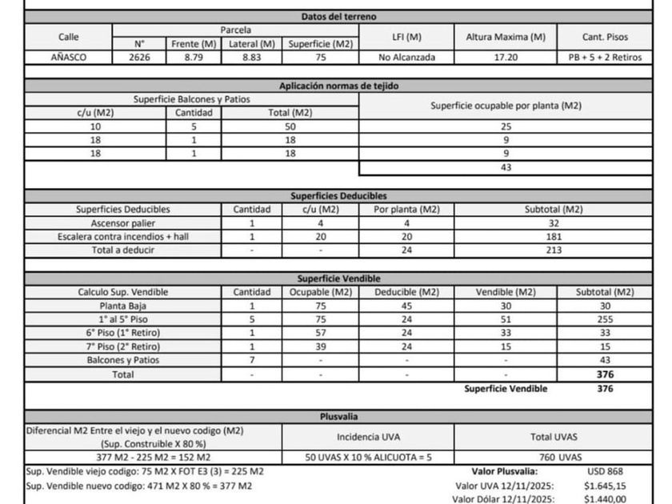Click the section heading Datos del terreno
[x=339, y=16]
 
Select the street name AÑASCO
[x=69, y=58]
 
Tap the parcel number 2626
[x=139, y=58]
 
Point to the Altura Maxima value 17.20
[x=505, y=58]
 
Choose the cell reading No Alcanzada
[x=407, y=58]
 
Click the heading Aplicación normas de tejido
[x=339, y=86]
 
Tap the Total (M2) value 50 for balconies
[x=291, y=126]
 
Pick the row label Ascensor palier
[x=122, y=223]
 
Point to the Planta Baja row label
[x=122, y=306]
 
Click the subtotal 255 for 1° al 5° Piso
[x=605, y=319]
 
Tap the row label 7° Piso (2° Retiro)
[x=122, y=346]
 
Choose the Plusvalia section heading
[x=339, y=417]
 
